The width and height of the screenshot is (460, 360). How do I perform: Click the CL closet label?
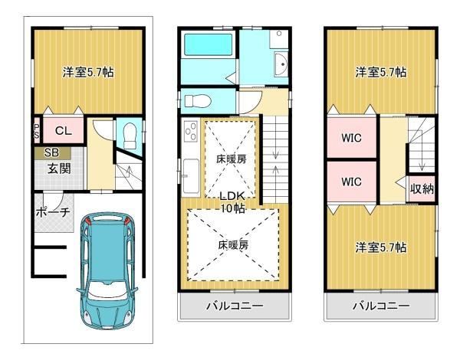[x=64, y=131]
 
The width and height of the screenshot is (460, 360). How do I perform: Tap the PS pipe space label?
[x=37, y=131]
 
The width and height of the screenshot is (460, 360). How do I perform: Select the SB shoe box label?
[x=52, y=152]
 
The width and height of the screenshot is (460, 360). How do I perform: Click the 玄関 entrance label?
[x=59, y=169]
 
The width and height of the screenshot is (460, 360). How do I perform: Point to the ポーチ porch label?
[x=53, y=212]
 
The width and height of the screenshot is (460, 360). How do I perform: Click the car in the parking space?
[x=107, y=270]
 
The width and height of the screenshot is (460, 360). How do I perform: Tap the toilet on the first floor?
[x=130, y=136]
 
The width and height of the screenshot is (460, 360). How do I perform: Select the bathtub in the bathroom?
[x=208, y=45]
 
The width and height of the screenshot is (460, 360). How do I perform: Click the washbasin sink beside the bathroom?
[x=281, y=64]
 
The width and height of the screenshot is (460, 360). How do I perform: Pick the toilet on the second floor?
[x=198, y=101]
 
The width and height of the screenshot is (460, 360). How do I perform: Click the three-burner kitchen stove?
[x=191, y=131]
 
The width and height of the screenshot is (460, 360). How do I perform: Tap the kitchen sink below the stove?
[x=191, y=176]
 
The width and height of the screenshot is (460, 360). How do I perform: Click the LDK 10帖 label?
[x=232, y=202]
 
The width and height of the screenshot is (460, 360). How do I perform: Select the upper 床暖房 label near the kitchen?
[x=231, y=159]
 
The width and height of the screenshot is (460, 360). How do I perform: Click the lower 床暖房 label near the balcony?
[x=233, y=245]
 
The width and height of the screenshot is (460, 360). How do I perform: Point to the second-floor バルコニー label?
[x=235, y=306]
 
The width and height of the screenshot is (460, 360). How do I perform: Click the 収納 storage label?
[x=422, y=188]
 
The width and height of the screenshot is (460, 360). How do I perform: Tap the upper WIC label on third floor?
[x=351, y=138]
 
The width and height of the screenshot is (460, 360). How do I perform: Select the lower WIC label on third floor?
[x=351, y=182]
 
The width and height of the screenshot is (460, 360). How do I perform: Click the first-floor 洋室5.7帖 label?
[x=88, y=72]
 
